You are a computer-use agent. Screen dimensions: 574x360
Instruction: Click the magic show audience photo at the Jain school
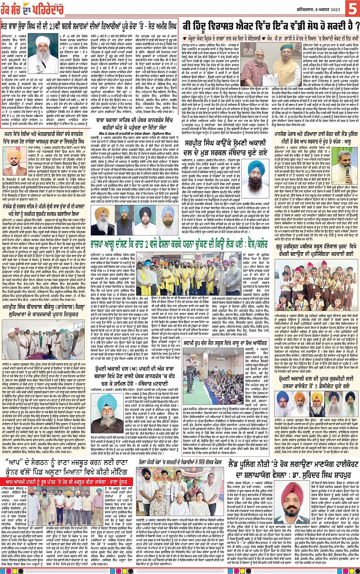(200, 371)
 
